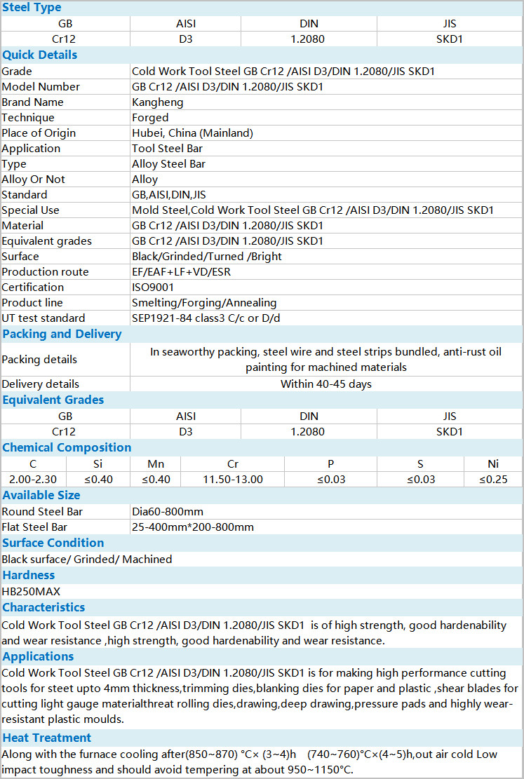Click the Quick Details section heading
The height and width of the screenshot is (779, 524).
click(x=40, y=55)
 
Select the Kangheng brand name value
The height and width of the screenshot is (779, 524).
click(x=157, y=102)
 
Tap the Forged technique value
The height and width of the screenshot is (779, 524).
click(x=150, y=118)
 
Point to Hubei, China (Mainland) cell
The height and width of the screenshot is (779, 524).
click(x=192, y=133)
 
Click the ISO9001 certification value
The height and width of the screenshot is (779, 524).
click(x=153, y=287)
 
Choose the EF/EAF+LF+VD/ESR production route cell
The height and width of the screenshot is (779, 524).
click(x=181, y=272)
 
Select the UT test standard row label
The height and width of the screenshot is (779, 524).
click(x=43, y=318)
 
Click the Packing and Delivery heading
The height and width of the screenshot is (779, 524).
click(x=62, y=334)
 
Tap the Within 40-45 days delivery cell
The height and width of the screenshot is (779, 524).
click(x=326, y=384)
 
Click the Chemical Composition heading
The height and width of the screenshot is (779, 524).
click(x=67, y=447)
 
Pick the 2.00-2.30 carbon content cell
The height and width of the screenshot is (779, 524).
click(x=33, y=480)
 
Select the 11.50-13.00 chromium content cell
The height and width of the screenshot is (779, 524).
click(x=233, y=480)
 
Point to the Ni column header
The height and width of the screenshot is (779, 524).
click(x=493, y=464)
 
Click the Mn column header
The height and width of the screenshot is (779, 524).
click(x=156, y=464)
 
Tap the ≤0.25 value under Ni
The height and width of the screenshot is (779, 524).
click(x=493, y=480)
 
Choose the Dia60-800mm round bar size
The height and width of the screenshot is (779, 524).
click(x=168, y=512)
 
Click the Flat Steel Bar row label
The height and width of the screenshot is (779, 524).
click(x=34, y=527)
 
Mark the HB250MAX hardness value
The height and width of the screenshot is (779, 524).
click(x=31, y=592)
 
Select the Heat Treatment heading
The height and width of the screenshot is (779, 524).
click(x=46, y=738)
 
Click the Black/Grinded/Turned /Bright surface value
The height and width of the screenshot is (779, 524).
click(x=207, y=257)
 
